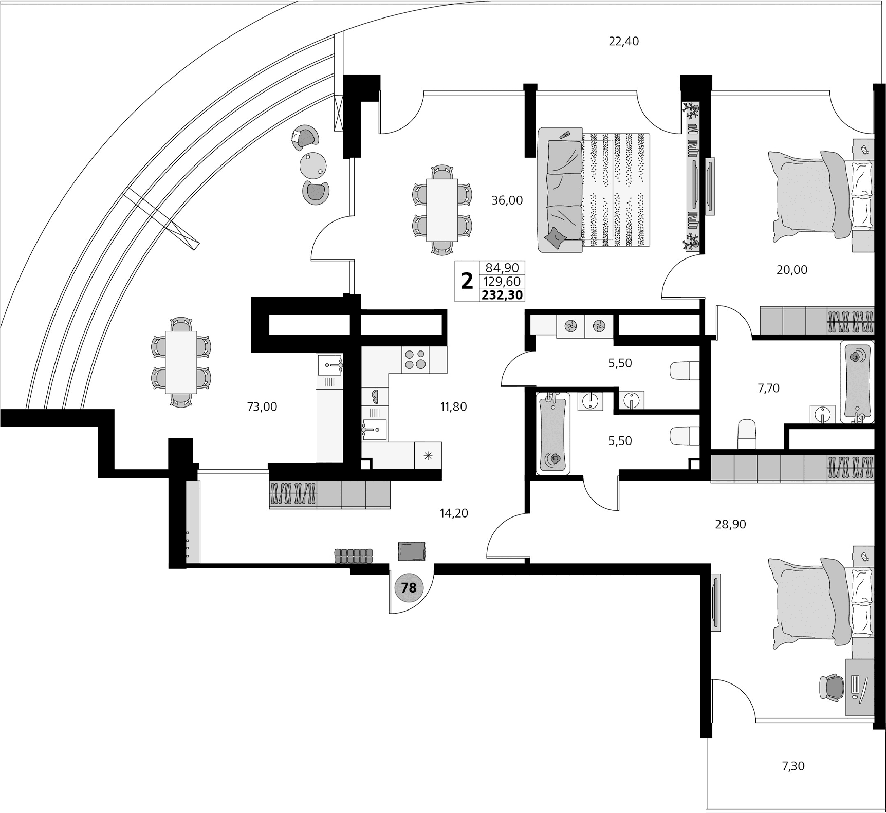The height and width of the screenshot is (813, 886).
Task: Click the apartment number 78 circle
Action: coord(409,587)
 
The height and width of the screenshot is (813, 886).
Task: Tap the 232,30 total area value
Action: coord(502,295)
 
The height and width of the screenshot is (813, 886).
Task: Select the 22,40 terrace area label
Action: coord(623,41)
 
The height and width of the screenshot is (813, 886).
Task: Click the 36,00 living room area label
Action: coord(507,200)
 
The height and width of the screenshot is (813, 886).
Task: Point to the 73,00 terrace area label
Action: coord(262,407)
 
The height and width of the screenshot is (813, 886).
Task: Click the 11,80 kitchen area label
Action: coord(453,407)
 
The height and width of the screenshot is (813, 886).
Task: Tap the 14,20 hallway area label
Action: coord(454,513)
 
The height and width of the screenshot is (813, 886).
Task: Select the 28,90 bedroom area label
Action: coord(730,524)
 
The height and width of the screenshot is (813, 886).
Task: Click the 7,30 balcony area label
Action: coord(793,766)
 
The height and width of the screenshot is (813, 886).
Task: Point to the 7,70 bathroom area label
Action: coord(768,389)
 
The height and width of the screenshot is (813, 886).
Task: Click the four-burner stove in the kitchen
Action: coord(415,359)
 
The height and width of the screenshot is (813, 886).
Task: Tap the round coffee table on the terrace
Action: coord(313,164)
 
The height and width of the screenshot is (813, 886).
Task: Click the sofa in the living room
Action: coord(560,190)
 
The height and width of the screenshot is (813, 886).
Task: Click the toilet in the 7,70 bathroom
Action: coord(747,434)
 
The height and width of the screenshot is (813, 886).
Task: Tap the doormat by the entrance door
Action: coord(412,551)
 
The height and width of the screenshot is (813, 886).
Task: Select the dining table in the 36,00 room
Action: coord(442,210)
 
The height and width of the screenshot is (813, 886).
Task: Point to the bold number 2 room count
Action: coord(467,282)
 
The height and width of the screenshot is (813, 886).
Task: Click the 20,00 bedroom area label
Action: coord(791,270)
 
